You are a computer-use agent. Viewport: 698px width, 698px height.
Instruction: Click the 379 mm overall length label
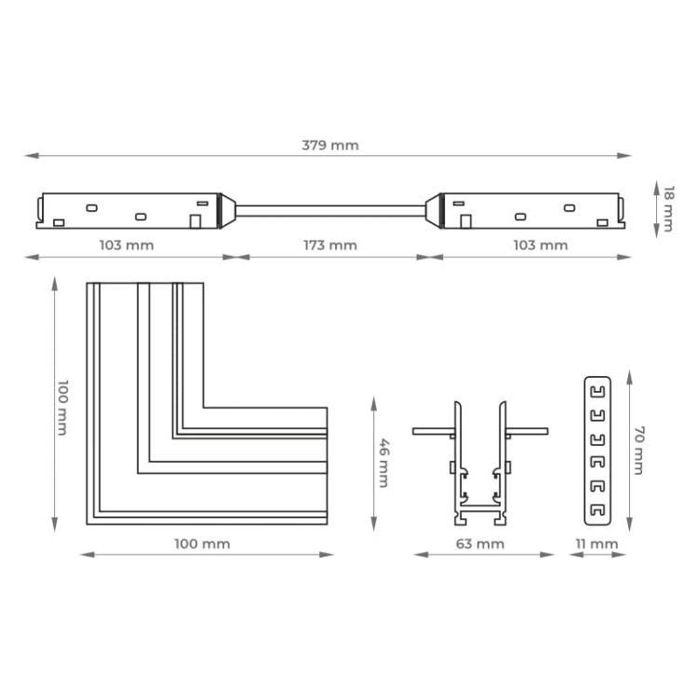tap(330, 145)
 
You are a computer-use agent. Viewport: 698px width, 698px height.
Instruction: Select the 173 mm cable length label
tap(330, 246)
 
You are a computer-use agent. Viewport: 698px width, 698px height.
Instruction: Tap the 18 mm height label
tap(668, 208)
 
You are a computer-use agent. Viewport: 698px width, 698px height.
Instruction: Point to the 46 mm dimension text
tap(383, 463)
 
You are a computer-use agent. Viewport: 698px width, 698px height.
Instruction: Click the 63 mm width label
tap(480, 544)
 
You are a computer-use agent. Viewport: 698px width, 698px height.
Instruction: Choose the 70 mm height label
tap(639, 450)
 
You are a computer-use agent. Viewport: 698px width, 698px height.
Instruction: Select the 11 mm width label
tap(597, 544)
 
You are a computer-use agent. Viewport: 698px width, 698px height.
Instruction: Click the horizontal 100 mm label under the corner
tap(202, 544)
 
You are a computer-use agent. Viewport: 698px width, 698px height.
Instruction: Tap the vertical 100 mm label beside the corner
tap(62, 408)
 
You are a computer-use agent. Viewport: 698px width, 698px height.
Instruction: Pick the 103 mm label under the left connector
tap(127, 246)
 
